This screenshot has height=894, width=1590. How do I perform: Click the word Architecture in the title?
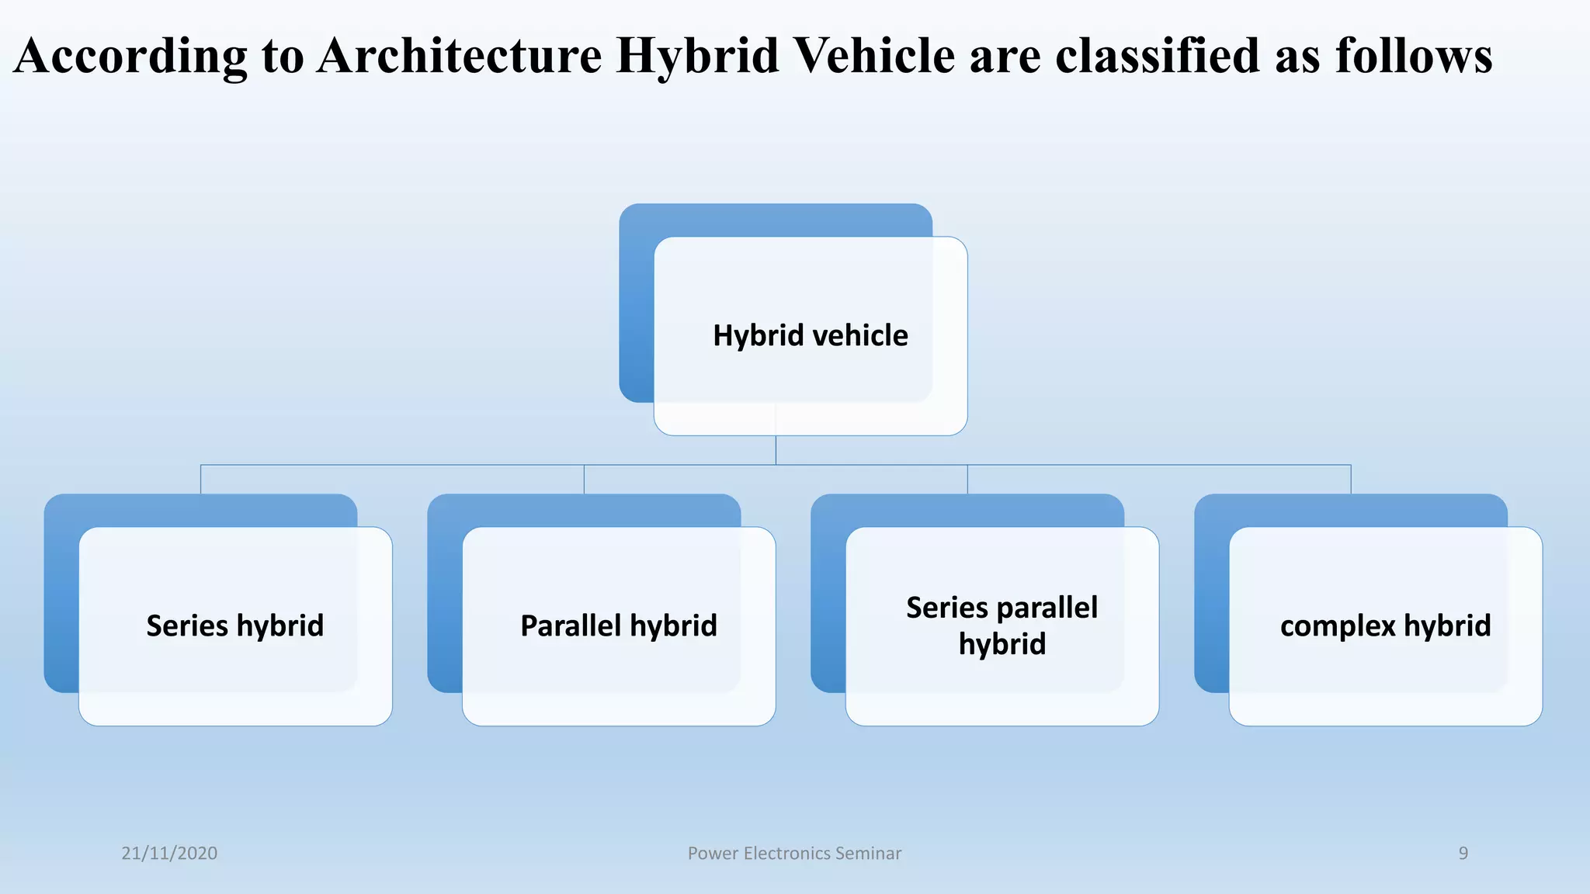tap(459, 56)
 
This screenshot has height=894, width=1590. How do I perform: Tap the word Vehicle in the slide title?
tap(876, 56)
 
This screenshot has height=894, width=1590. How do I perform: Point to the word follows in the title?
tap(1414, 56)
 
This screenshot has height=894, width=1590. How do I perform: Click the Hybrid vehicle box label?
tap(810, 335)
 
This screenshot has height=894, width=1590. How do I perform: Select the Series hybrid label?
tap(234, 625)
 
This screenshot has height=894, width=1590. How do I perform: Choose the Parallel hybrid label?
tap(618, 625)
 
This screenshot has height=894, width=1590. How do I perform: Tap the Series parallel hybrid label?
tap(1002, 625)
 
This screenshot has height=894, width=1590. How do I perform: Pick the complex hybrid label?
tap(1385, 625)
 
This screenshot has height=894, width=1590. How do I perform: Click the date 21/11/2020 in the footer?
tap(169, 853)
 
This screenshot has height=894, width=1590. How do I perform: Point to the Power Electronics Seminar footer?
tap(794, 853)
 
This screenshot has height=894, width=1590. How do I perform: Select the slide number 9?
tap(1463, 853)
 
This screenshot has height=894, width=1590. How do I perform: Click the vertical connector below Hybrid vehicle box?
tap(776, 450)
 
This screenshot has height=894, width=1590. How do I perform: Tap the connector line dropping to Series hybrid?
tap(201, 479)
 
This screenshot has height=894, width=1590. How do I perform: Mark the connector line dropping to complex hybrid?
tap(1351, 479)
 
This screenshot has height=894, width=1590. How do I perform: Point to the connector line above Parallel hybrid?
tap(584, 479)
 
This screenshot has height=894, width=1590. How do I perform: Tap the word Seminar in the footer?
tap(870, 853)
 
